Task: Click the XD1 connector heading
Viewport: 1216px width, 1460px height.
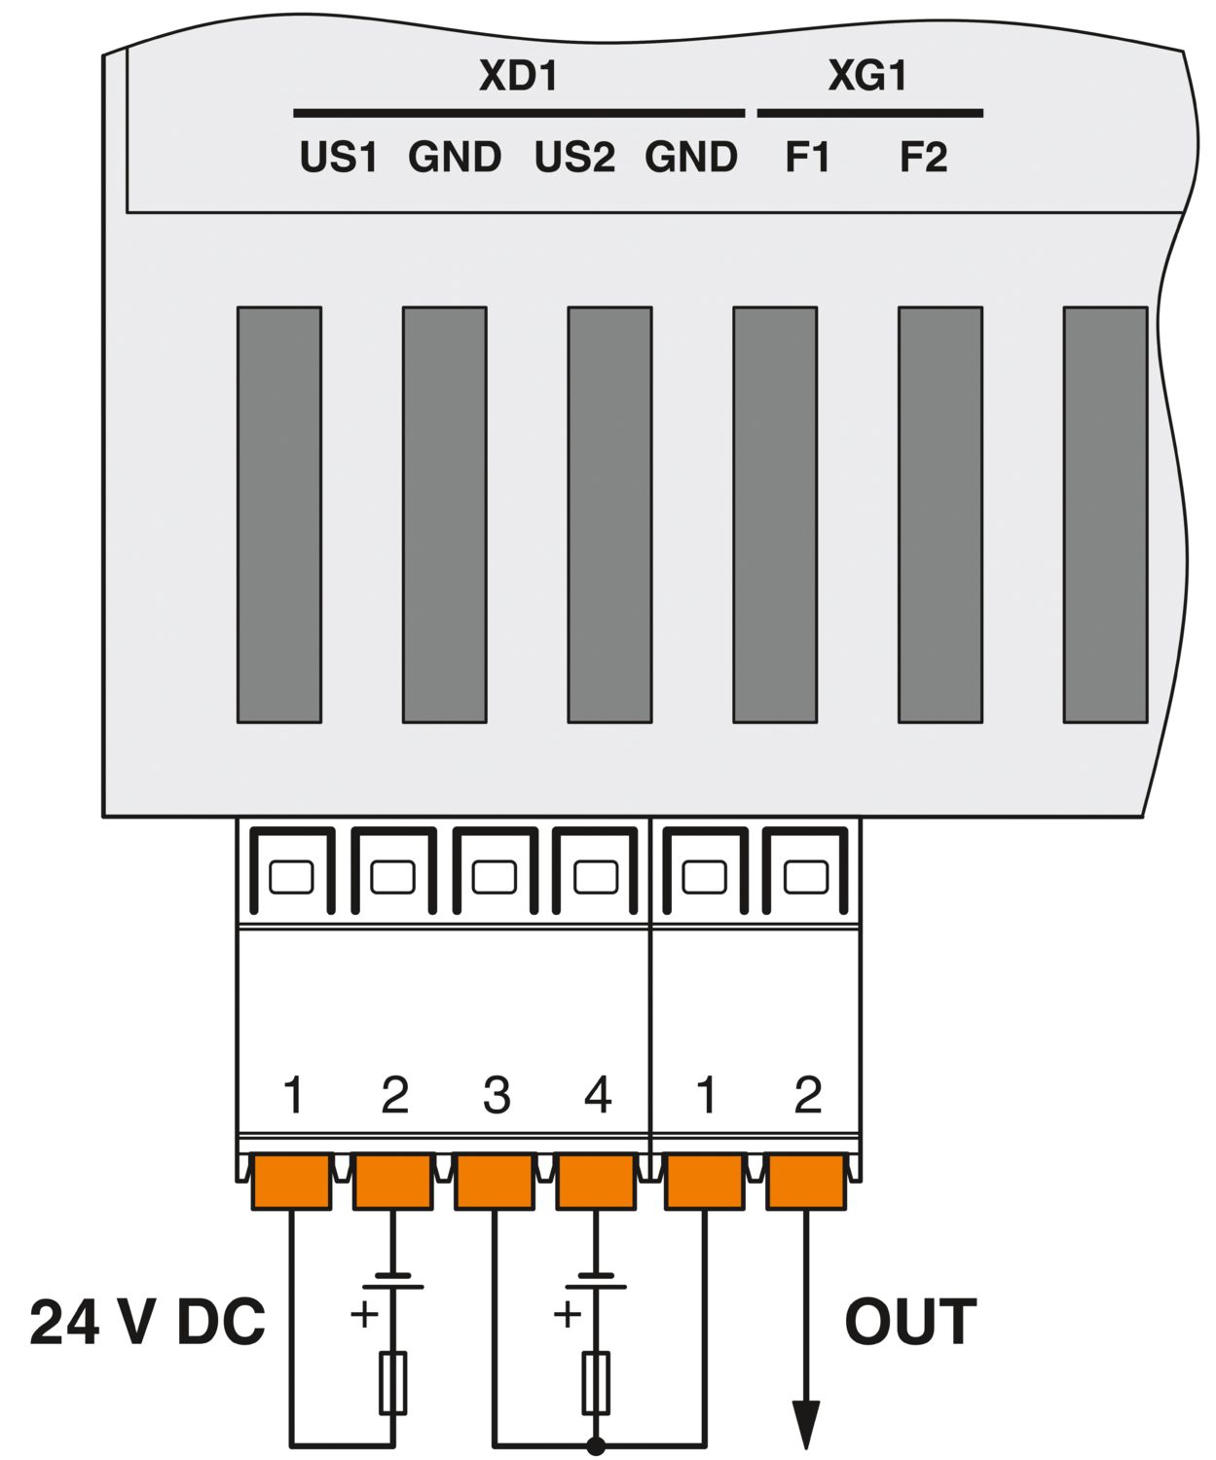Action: click(x=518, y=76)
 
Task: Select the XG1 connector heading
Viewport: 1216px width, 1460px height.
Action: click(x=866, y=76)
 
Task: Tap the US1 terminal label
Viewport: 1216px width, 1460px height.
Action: click(x=338, y=158)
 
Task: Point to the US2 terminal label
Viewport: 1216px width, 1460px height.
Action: click(x=573, y=158)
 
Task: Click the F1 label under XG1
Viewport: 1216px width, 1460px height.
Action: click(x=807, y=158)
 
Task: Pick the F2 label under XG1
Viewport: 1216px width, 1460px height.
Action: click(x=922, y=158)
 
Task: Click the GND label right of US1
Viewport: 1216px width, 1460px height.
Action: click(x=454, y=158)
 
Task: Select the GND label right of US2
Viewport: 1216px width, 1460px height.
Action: click(x=690, y=158)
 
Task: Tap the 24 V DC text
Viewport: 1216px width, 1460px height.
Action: click(x=147, y=1323)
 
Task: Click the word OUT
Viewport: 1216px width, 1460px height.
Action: click(x=909, y=1323)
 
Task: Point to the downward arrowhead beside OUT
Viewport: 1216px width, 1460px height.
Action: click(x=805, y=1424)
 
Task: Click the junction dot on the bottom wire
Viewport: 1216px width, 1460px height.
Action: click(x=596, y=1446)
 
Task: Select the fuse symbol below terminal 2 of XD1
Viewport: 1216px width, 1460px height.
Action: click(x=392, y=1382)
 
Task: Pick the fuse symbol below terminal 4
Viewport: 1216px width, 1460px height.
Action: click(x=596, y=1382)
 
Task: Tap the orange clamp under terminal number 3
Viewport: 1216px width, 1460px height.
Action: click(x=495, y=1181)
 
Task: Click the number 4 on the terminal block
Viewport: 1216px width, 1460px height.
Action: click(x=597, y=1096)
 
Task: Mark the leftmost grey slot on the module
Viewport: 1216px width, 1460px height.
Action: click(x=279, y=515)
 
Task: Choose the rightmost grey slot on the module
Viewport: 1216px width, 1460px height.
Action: click(x=1105, y=515)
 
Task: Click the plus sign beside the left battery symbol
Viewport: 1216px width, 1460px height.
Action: click(x=364, y=1314)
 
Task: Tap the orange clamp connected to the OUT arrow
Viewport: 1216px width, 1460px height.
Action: click(x=805, y=1181)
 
